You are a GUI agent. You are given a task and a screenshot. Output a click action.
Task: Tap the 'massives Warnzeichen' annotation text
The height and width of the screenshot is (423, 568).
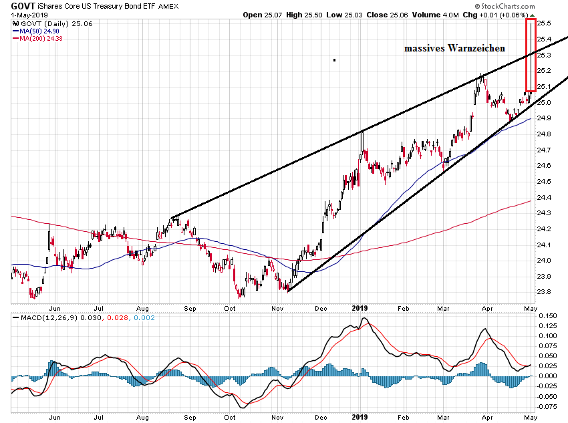point(454,49)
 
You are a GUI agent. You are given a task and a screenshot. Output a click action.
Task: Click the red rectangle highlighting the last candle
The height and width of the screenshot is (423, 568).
point(531,53)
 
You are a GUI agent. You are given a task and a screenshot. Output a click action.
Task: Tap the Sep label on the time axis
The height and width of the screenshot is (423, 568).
point(190,309)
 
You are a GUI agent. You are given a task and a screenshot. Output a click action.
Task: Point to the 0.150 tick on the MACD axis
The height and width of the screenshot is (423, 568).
point(549,315)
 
